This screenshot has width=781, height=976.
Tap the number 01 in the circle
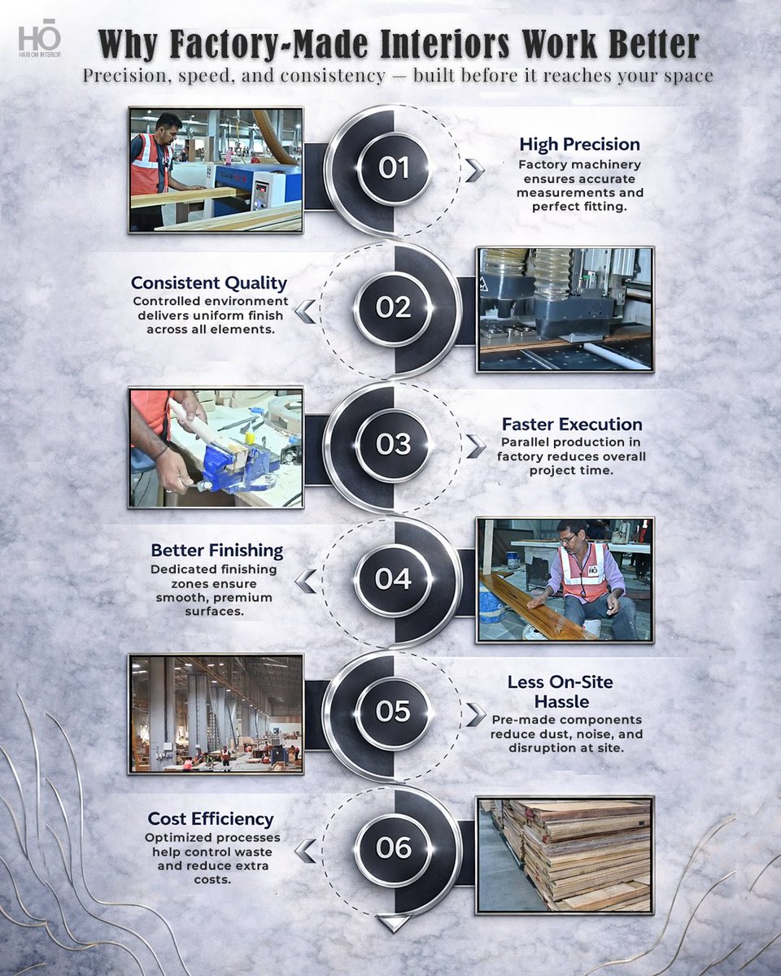(394, 168)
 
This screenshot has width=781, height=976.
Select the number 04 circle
(393, 579)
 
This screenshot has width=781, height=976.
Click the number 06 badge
(393, 847)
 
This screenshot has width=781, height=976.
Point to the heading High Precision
(579, 144)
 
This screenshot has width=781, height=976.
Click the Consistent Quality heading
(209, 283)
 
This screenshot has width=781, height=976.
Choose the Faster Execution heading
(572, 424)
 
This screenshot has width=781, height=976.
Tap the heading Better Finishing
(217, 550)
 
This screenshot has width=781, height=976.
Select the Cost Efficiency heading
(211, 819)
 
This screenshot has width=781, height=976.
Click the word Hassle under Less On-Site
(561, 701)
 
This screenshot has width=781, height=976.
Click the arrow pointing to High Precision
(474, 171)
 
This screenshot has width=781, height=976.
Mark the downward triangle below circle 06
(393, 923)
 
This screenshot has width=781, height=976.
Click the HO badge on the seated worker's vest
(594, 570)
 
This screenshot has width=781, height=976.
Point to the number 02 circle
(393, 307)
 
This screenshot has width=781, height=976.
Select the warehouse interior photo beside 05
(216, 714)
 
